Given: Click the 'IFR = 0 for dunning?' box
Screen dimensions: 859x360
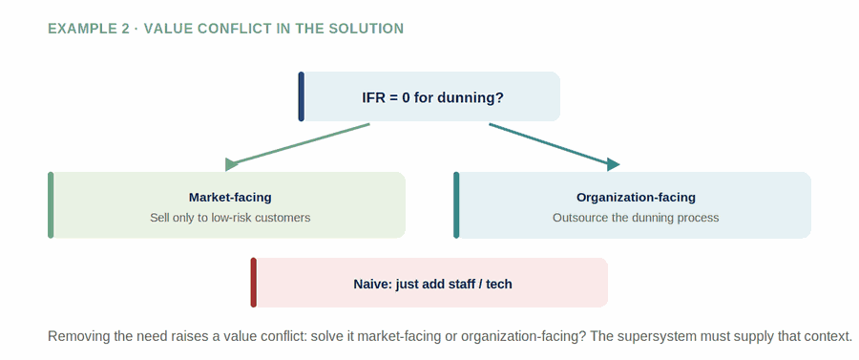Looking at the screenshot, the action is pyautogui.click(x=429, y=96).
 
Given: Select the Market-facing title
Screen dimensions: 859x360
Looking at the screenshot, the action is pyautogui.click(x=230, y=198).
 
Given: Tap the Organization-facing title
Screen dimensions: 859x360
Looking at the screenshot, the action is pyautogui.click(x=636, y=198).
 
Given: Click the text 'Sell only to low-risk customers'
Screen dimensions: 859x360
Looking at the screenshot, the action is pyautogui.click(x=230, y=218).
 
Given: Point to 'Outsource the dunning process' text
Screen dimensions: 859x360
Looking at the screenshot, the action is pyautogui.click(x=636, y=218).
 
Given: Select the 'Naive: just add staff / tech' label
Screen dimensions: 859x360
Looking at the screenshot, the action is pyautogui.click(x=432, y=285).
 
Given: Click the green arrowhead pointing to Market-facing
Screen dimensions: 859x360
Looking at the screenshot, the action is pyautogui.click(x=232, y=164).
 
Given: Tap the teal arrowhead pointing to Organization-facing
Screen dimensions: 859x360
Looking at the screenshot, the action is pyautogui.click(x=613, y=164).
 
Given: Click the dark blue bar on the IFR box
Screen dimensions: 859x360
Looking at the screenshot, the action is pyautogui.click(x=302, y=96).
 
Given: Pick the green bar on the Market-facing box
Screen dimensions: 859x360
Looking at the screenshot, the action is pyautogui.click(x=51, y=205).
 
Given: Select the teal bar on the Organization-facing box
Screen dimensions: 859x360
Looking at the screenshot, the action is pyautogui.click(x=456, y=205).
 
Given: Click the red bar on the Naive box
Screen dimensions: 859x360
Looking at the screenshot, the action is pyautogui.click(x=254, y=283).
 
